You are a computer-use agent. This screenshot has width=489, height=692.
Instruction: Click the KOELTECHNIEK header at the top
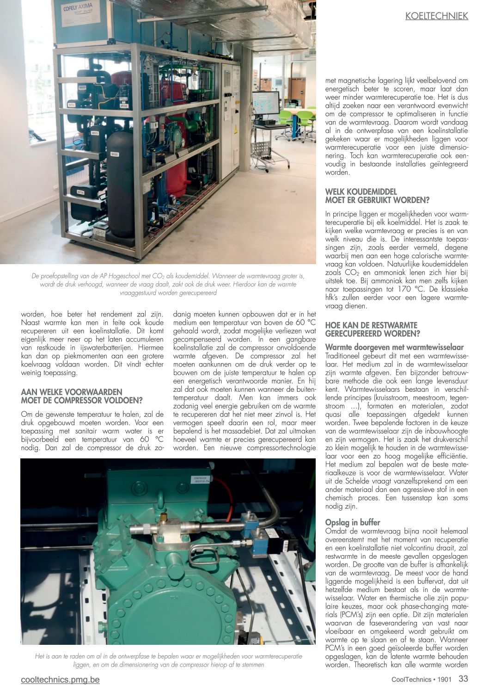pyautogui.click(x=436, y=16)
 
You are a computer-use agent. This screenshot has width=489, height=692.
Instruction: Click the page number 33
pyautogui.click(x=463, y=679)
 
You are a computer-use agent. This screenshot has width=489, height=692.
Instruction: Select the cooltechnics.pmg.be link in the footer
pyautogui.click(x=60, y=680)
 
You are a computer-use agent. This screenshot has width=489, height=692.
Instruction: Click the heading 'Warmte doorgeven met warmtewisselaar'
pyautogui.click(x=394, y=347)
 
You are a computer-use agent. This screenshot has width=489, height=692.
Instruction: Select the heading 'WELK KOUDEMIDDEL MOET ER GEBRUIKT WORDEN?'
pyautogui.click(x=377, y=196)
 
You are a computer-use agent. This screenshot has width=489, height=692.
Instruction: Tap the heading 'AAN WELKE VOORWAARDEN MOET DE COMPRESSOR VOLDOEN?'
pyautogui.click(x=82, y=396)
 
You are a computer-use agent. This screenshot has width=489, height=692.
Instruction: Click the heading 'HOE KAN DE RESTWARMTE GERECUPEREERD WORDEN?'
pyautogui.click(x=372, y=329)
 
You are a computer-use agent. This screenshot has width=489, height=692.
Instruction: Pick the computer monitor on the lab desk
pyautogui.click(x=265, y=104)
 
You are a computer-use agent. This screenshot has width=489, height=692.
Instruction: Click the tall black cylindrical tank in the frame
pyautogui.click(x=121, y=185)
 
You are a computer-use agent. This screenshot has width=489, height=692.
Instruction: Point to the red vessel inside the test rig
pyautogui.click(x=174, y=139)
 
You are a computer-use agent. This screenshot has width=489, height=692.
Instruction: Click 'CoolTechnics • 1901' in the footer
pyautogui.click(x=421, y=680)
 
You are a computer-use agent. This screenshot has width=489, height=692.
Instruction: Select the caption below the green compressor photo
pyautogui.click(x=168, y=660)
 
